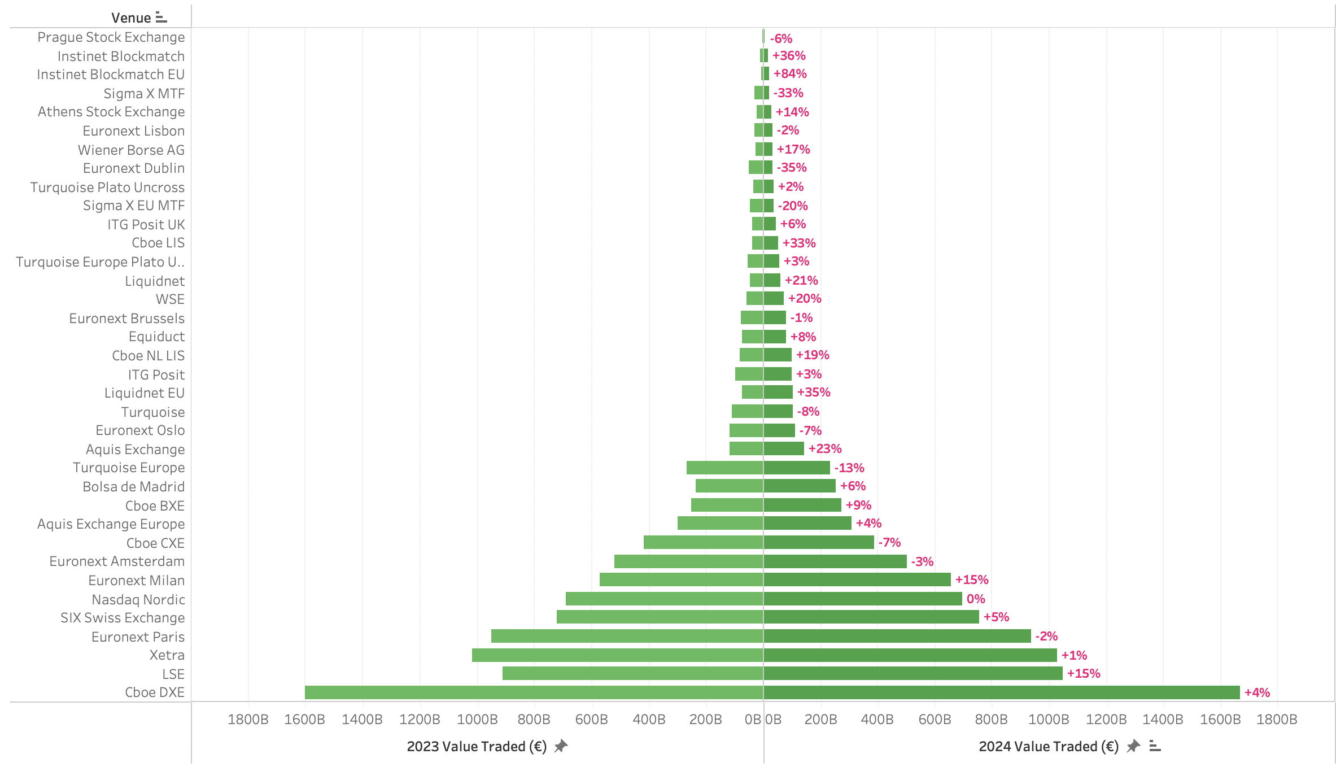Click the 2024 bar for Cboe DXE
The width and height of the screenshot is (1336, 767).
pos(1001,692)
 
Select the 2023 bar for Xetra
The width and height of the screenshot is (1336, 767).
pos(617,655)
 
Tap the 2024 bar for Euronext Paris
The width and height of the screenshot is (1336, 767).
pos(897,637)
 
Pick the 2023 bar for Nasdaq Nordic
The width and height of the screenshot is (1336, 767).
pos(664,599)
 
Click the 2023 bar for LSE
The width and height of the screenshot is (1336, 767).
pos(632,674)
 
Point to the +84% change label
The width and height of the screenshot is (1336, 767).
pos(790,74)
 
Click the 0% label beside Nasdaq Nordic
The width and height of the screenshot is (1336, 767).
pos(976,599)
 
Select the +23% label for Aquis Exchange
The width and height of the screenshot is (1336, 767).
pos(825,449)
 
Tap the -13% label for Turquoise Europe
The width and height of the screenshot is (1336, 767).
pos(849,468)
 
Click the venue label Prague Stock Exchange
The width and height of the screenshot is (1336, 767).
pos(111,37)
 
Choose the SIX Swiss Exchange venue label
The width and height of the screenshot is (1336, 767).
pos(123,618)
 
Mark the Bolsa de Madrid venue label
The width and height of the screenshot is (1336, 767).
pos(134,487)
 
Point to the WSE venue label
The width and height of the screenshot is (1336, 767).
pos(170,299)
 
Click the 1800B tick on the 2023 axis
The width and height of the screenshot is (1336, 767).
pos(248,720)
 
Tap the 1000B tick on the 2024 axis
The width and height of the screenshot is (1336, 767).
pos(1049,720)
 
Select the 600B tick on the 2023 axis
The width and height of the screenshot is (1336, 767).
pos(591,720)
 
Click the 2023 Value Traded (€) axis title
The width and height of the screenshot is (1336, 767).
pos(477,747)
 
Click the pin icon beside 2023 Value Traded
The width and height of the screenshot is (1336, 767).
pos(561,747)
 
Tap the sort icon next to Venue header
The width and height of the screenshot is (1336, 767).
pos(161,18)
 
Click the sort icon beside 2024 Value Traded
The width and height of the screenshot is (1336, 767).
pos(1155,747)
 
